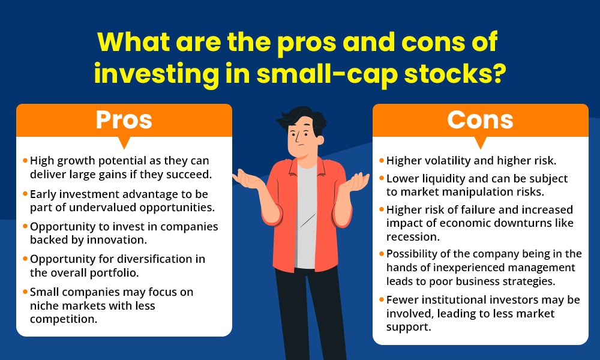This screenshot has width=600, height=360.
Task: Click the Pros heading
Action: click(x=124, y=120)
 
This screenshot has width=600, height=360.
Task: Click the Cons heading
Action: click(x=480, y=120)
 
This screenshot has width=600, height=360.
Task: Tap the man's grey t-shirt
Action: click(x=305, y=216)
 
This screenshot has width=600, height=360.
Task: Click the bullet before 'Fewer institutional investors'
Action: click(x=382, y=299)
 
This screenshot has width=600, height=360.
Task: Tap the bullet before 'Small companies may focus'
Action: click(x=25, y=292)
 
